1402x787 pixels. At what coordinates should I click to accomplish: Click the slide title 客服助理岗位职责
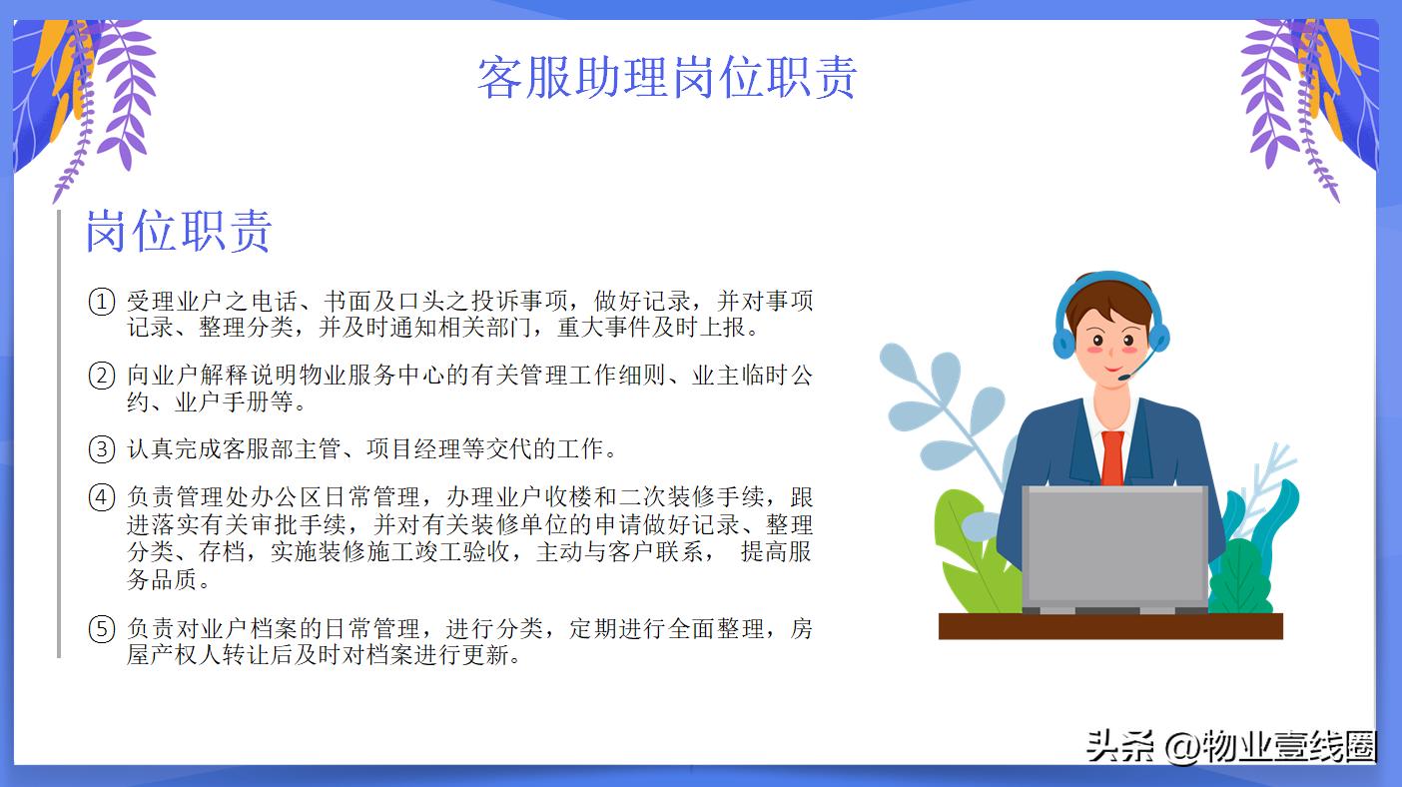667,78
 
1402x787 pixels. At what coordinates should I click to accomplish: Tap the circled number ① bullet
102,302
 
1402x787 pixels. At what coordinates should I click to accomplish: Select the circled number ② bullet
102,377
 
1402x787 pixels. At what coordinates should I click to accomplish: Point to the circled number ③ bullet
102,449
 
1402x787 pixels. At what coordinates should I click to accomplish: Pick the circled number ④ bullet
102,497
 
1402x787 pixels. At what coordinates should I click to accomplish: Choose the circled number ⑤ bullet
102,629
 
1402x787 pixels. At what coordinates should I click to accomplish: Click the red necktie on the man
1112,457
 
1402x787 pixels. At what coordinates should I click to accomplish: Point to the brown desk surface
1110,626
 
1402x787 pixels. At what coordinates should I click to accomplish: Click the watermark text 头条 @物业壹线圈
1230,746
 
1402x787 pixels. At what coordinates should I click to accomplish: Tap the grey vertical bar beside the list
59,433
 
